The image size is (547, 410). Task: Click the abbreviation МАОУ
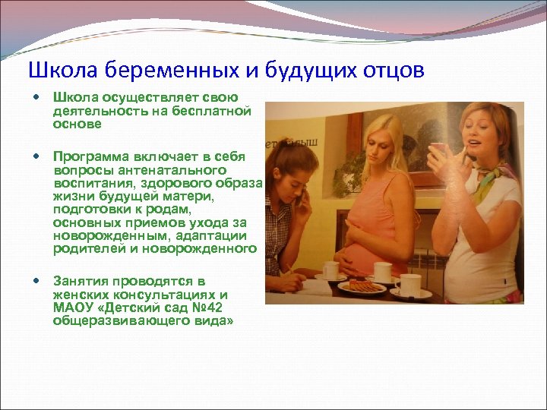[x=71, y=307]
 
